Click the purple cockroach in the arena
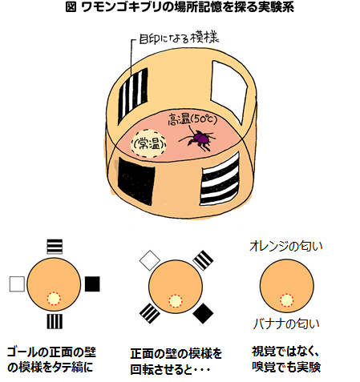point(198,139)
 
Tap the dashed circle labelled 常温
point(148,143)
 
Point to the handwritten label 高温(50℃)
point(192,119)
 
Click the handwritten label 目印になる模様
point(179,38)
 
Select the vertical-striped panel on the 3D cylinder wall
point(133,95)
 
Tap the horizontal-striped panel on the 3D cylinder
point(220,179)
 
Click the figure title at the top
point(180,7)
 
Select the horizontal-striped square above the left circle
point(55,246)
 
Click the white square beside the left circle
point(17,284)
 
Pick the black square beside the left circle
point(92,283)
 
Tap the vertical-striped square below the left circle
point(55,321)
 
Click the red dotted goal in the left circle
point(54,299)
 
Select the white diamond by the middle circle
point(150,260)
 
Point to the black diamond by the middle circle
point(203,313)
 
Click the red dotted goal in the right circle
point(286,300)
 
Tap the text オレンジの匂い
point(286,247)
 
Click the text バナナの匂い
point(286,324)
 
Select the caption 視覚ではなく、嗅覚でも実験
point(286,360)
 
